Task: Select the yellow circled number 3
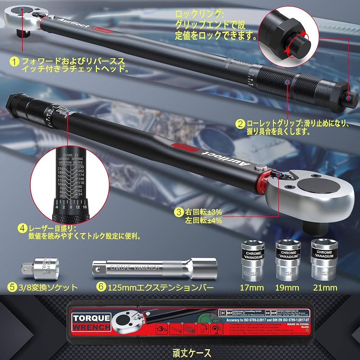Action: tap(179, 212)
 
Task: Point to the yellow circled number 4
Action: tap(23, 228)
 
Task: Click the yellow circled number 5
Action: tap(13, 287)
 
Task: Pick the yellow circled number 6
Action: tap(101, 287)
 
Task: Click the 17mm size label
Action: tap(252, 288)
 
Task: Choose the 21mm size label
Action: tap(325, 288)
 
